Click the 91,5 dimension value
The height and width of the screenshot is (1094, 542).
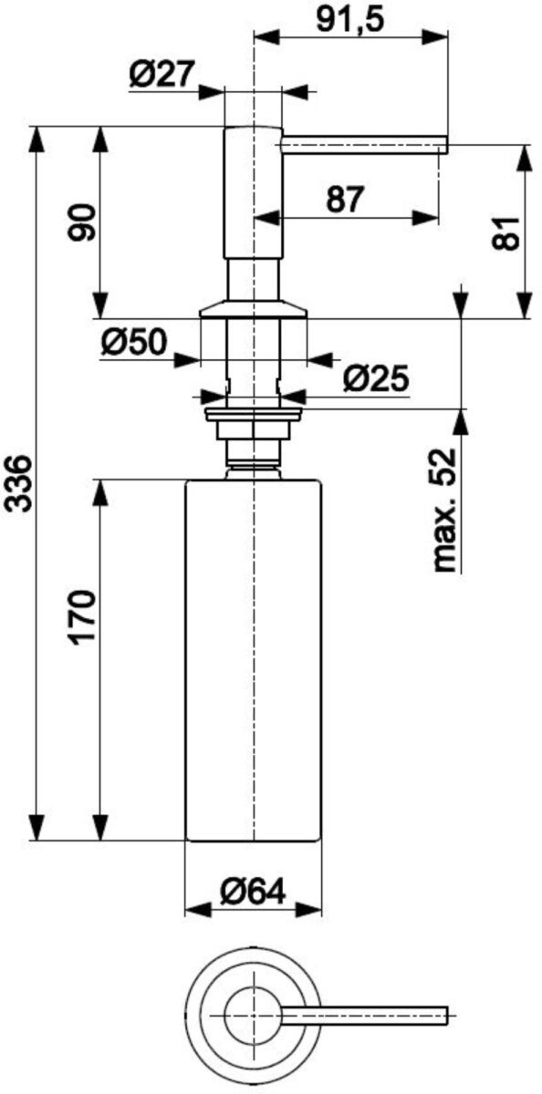pos(350,19)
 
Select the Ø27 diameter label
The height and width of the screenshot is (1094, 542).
pos(162,75)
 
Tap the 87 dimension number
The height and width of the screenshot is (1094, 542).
pos(346,199)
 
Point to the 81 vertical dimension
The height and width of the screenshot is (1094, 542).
pos(506,233)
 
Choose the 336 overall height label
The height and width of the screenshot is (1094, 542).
pos(20,483)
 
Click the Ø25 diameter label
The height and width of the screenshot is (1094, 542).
pos(375,378)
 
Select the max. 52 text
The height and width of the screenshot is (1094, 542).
pos(443,510)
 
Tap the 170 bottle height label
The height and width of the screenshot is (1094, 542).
pos(81,618)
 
